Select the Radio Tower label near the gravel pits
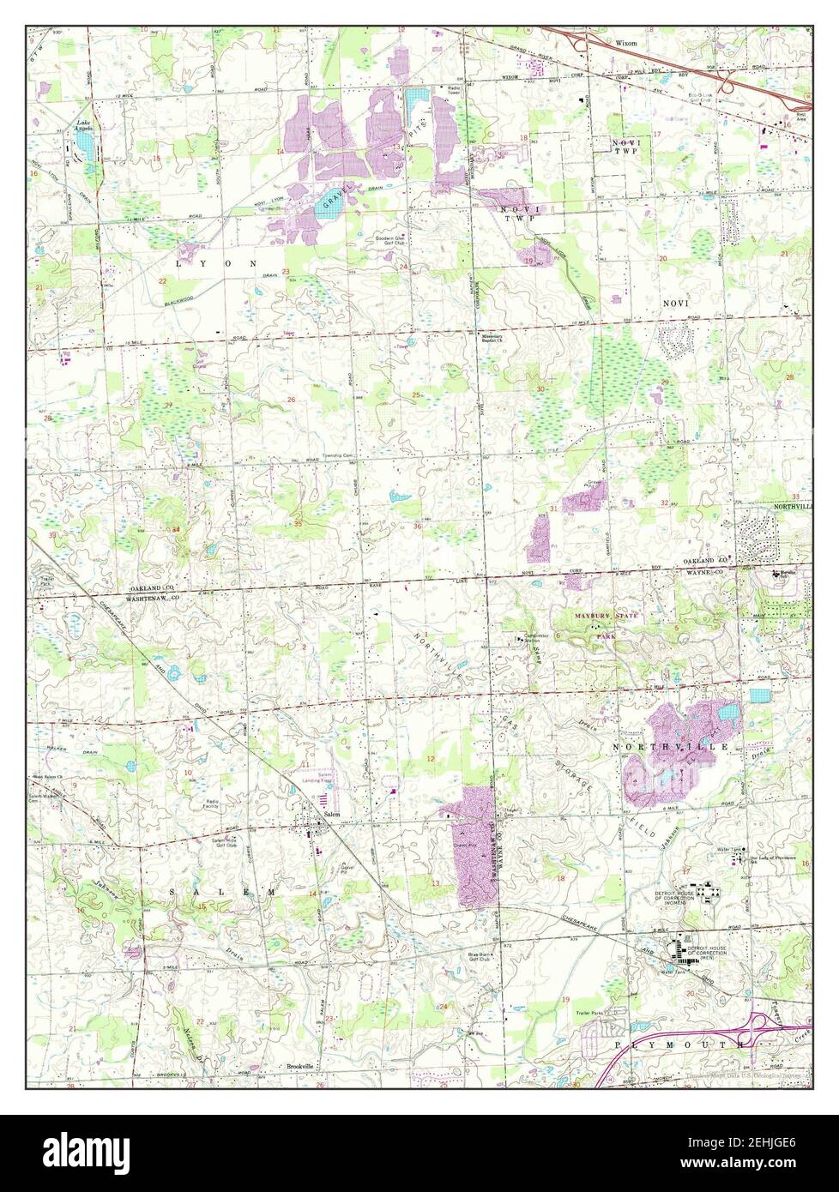[x=452, y=91]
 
